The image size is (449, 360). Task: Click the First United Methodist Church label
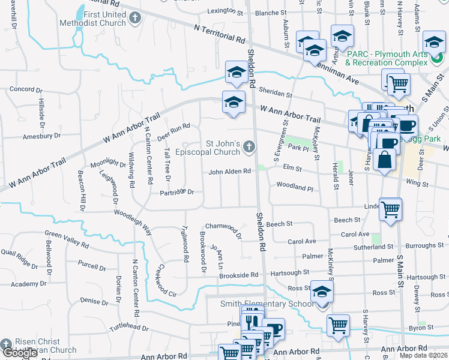click(92, 19)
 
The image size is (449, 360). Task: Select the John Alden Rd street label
click(229, 172)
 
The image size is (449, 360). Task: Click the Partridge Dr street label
click(177, 193)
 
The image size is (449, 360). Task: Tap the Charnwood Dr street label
click(224, 229)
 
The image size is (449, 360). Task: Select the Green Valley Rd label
click(67, 239)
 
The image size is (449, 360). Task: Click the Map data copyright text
click(423, 355)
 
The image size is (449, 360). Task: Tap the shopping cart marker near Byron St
click(338, 325)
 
